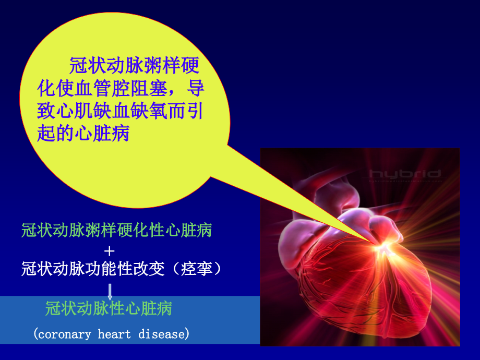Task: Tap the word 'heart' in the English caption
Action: tap(114, 334)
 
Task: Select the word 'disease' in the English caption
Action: tap(161, 334)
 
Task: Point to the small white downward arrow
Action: tap(110, 292)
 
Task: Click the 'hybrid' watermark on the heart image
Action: tap(405, 174)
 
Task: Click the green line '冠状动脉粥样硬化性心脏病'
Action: tap(116, 230)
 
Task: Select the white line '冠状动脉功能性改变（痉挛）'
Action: tap(121, 269)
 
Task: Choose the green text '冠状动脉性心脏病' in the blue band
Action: tap(109, 309)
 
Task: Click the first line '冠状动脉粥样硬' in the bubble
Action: tap(134, 66)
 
